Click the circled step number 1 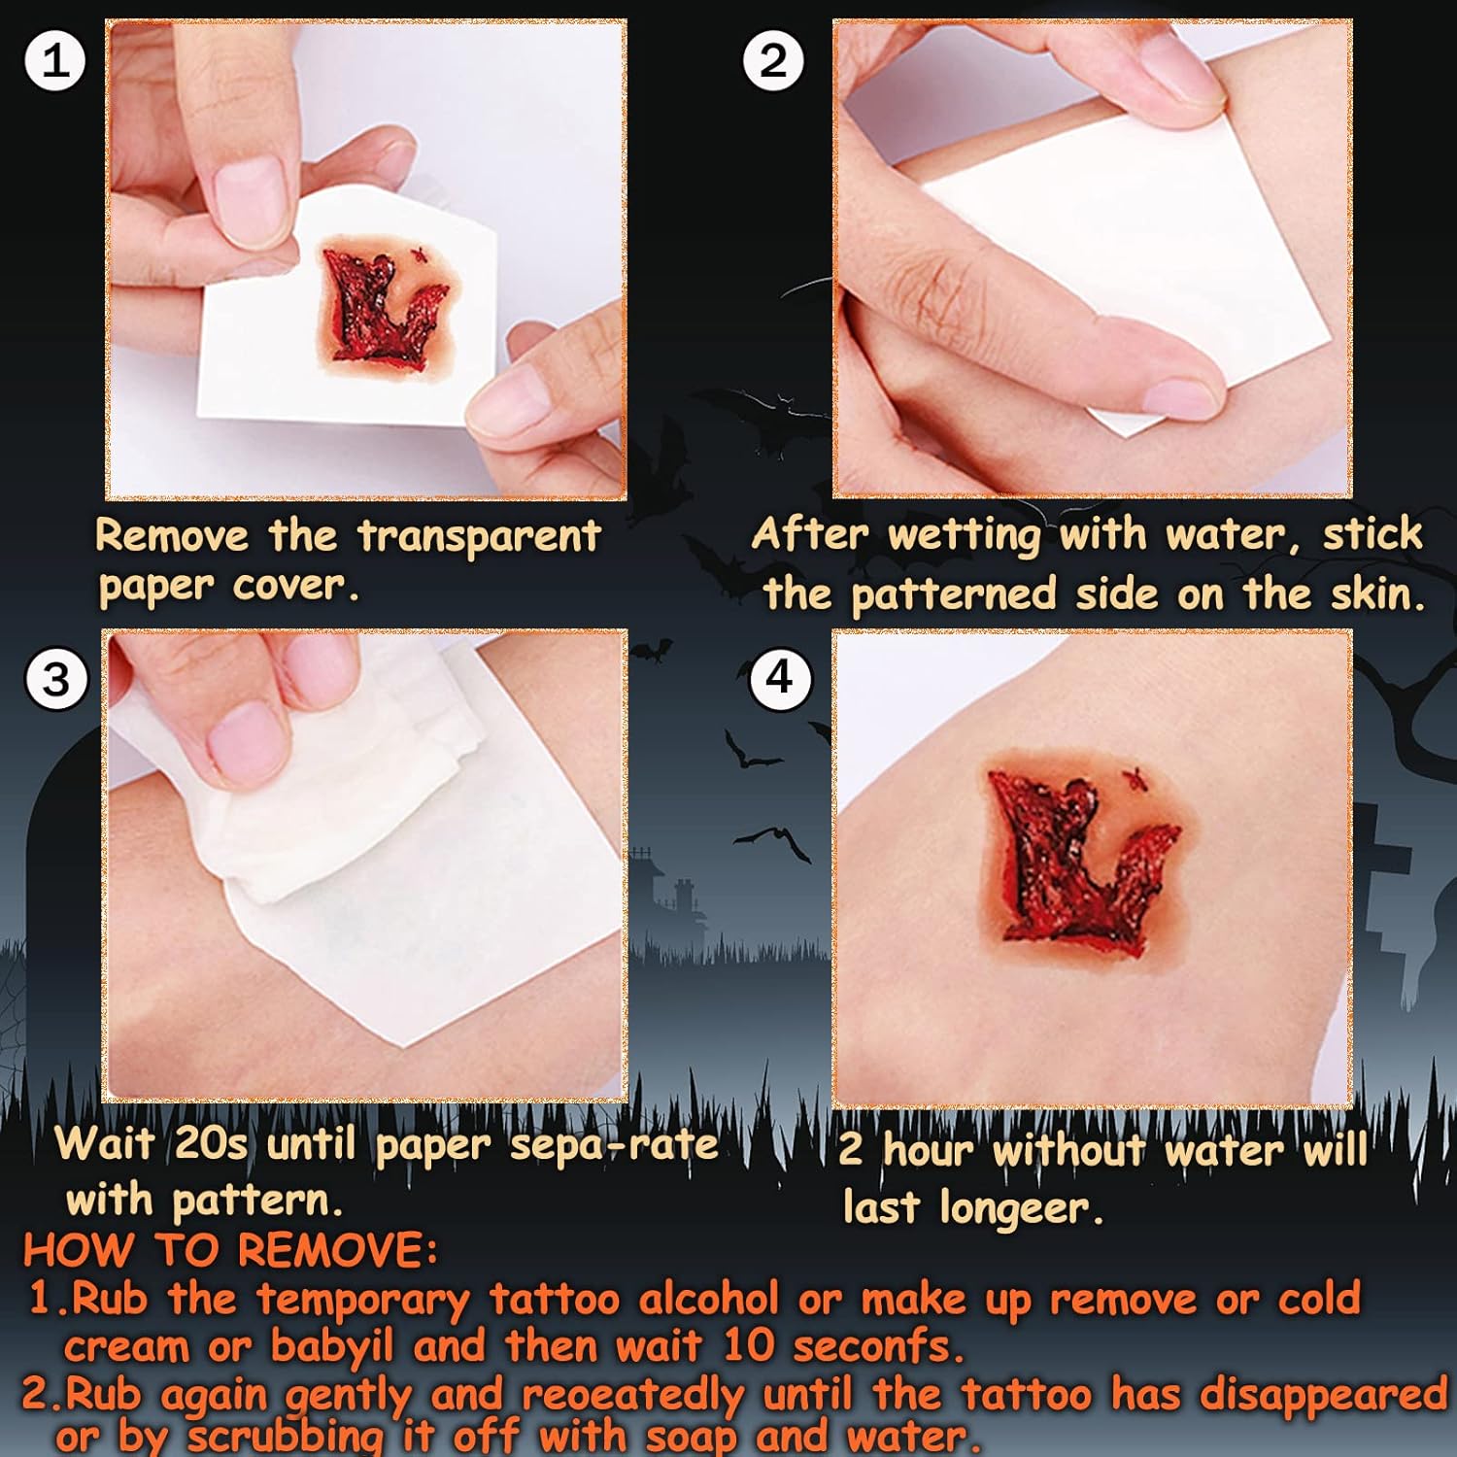[55, 61]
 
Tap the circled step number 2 [773, 60]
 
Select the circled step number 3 [56, 678]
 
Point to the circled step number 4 [780, 677]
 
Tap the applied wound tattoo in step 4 [1080, 855]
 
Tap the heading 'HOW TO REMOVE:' [230, 1251]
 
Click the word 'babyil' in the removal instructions [332, 1347]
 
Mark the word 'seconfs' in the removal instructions [877, 1347]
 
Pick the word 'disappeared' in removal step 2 [1324, 1396]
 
